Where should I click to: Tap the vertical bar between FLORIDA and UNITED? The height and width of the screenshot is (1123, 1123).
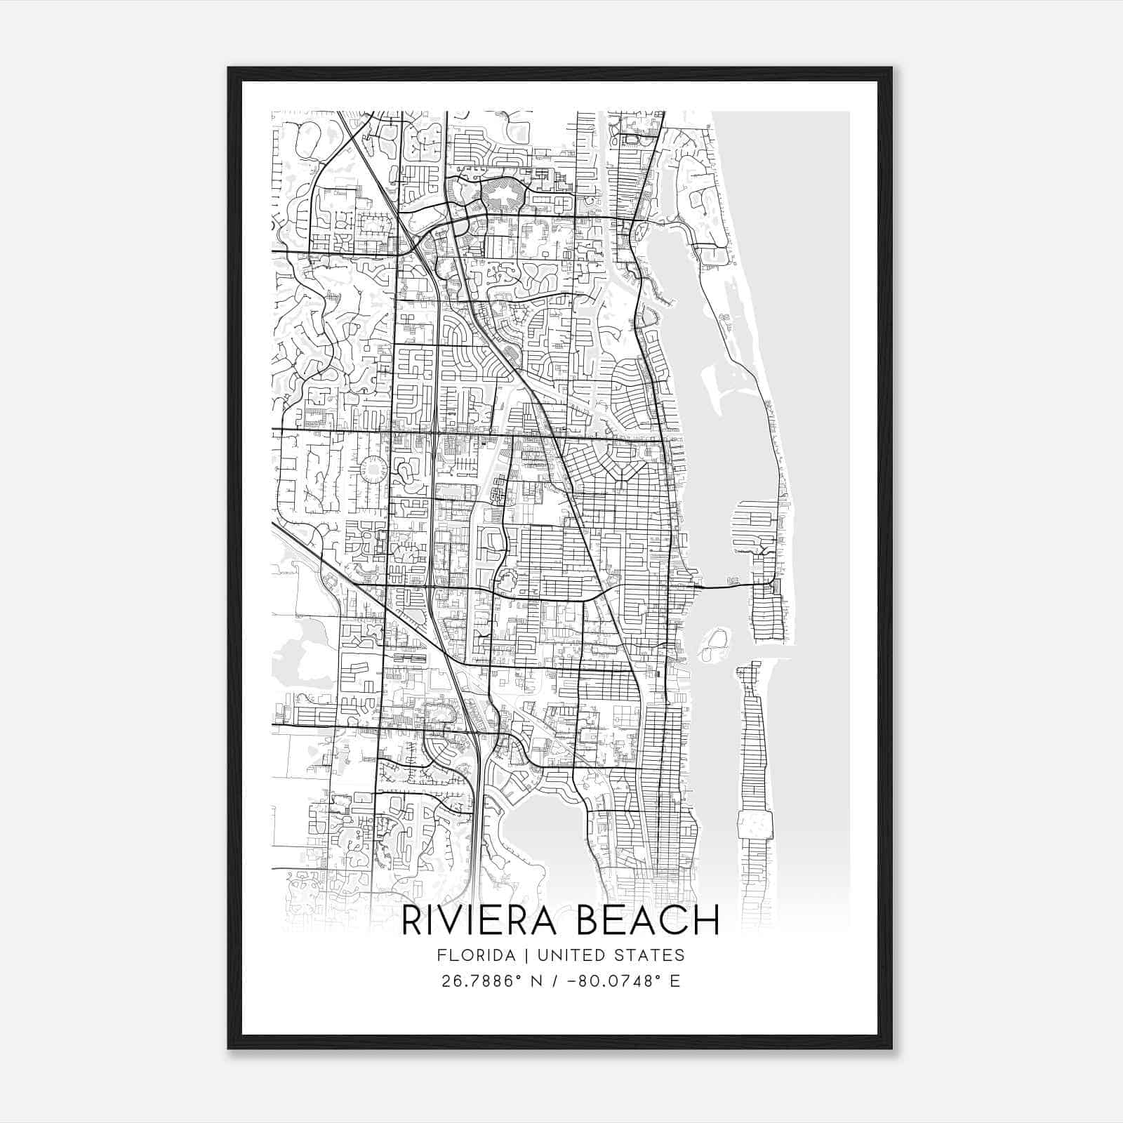[x=516, y=955]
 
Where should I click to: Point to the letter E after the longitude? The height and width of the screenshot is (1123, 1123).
[x=675, y=981]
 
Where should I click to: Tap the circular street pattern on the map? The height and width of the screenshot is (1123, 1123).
[x=373, y=470]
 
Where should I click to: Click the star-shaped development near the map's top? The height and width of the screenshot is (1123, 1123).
[x=501, y=193]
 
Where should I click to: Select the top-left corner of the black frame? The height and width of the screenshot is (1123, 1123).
[x=229, y=69]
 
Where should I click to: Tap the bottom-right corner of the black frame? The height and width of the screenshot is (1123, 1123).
[x=891, y=1048]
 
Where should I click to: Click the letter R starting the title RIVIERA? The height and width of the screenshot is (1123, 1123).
[x=411, y=920]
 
